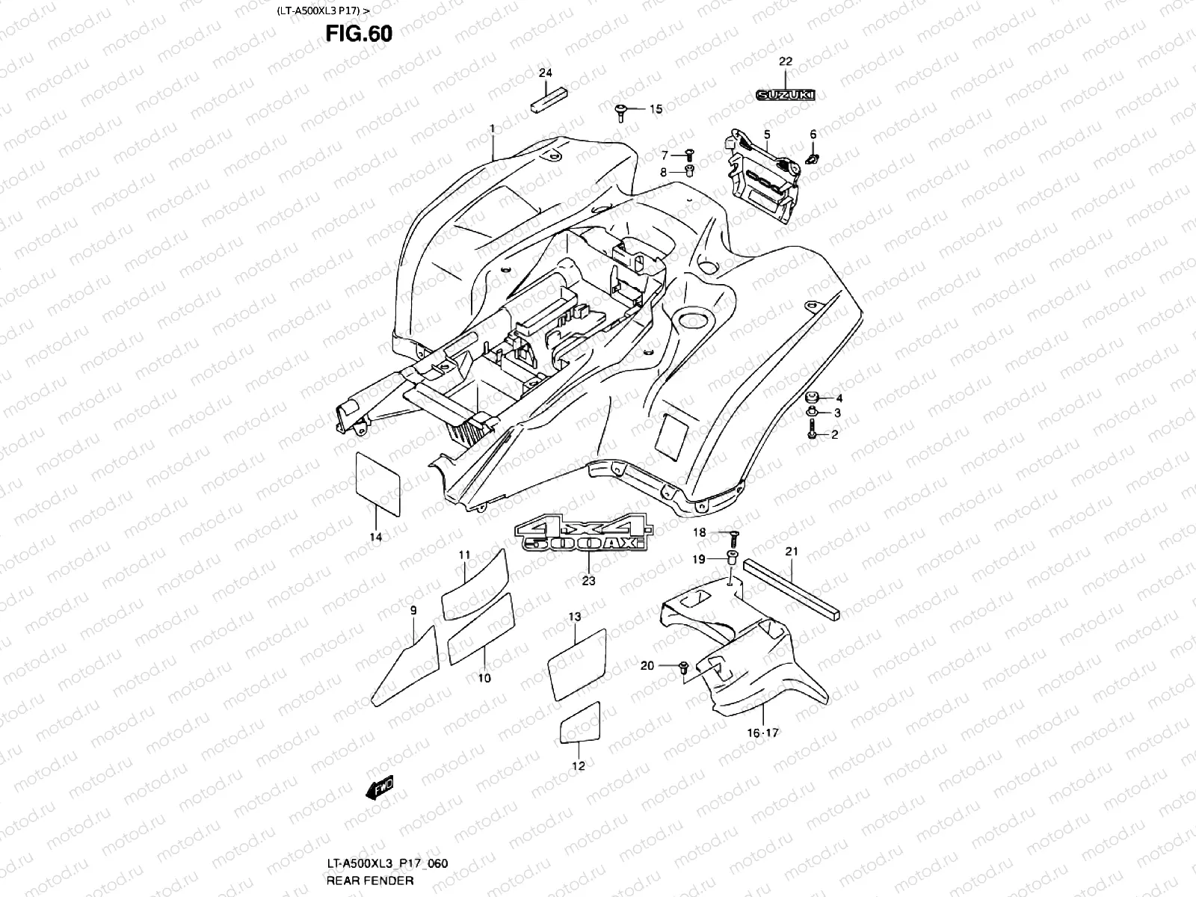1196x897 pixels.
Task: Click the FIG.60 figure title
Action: (x=359, y=34)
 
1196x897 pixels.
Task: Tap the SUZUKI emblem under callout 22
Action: (x=785, y=95)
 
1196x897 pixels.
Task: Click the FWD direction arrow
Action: (x=379, y=788)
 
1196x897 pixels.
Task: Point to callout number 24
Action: (x=546, y=73)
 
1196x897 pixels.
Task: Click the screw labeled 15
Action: (x=620, y=113)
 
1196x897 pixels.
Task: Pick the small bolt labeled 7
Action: (x=688, y=155)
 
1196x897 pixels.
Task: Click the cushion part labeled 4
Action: (x=812, y=398)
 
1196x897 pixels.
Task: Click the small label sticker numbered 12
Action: (x=580, y=723)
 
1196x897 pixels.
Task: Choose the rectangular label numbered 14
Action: (x=377, y=484)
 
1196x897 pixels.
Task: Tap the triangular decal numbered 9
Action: (x=405, y=666)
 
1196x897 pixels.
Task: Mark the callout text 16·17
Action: (x=763, y=733)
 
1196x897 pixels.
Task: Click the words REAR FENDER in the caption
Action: (x=370, y=881)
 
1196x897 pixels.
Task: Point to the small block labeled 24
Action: (x=549, y=101)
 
